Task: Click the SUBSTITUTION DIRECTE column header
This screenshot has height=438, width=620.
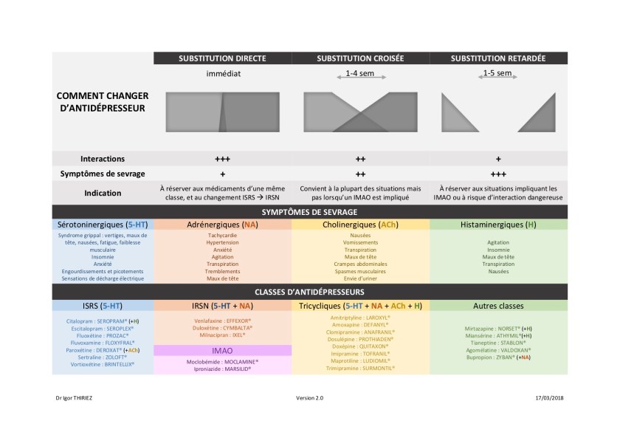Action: (x=222, y=58)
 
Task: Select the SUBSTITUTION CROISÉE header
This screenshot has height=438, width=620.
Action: (x=360, y=58)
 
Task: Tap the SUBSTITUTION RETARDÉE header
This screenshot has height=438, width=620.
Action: (x=498, y=58)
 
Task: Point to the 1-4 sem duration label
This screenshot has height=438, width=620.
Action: (x=360, y=74)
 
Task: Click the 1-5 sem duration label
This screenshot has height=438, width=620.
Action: (x=497, y=73)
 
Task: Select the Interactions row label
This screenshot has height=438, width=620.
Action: (x=103, y=159)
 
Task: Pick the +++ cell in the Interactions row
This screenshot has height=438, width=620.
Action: (x=222, y=159)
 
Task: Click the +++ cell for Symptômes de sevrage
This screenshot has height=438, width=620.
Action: (x=498, y=174)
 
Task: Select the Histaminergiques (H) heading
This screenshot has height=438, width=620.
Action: (x=498, y=225)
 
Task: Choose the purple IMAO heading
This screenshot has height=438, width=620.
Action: (x=222, y=351)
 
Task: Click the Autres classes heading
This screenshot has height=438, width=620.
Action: (x=498, y=305)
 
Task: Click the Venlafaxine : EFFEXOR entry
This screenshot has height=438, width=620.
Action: (x=222, y=321)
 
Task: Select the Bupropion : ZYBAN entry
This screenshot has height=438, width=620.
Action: (x=498, y=356)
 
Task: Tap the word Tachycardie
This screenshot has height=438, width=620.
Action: (x=222, y=236)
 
